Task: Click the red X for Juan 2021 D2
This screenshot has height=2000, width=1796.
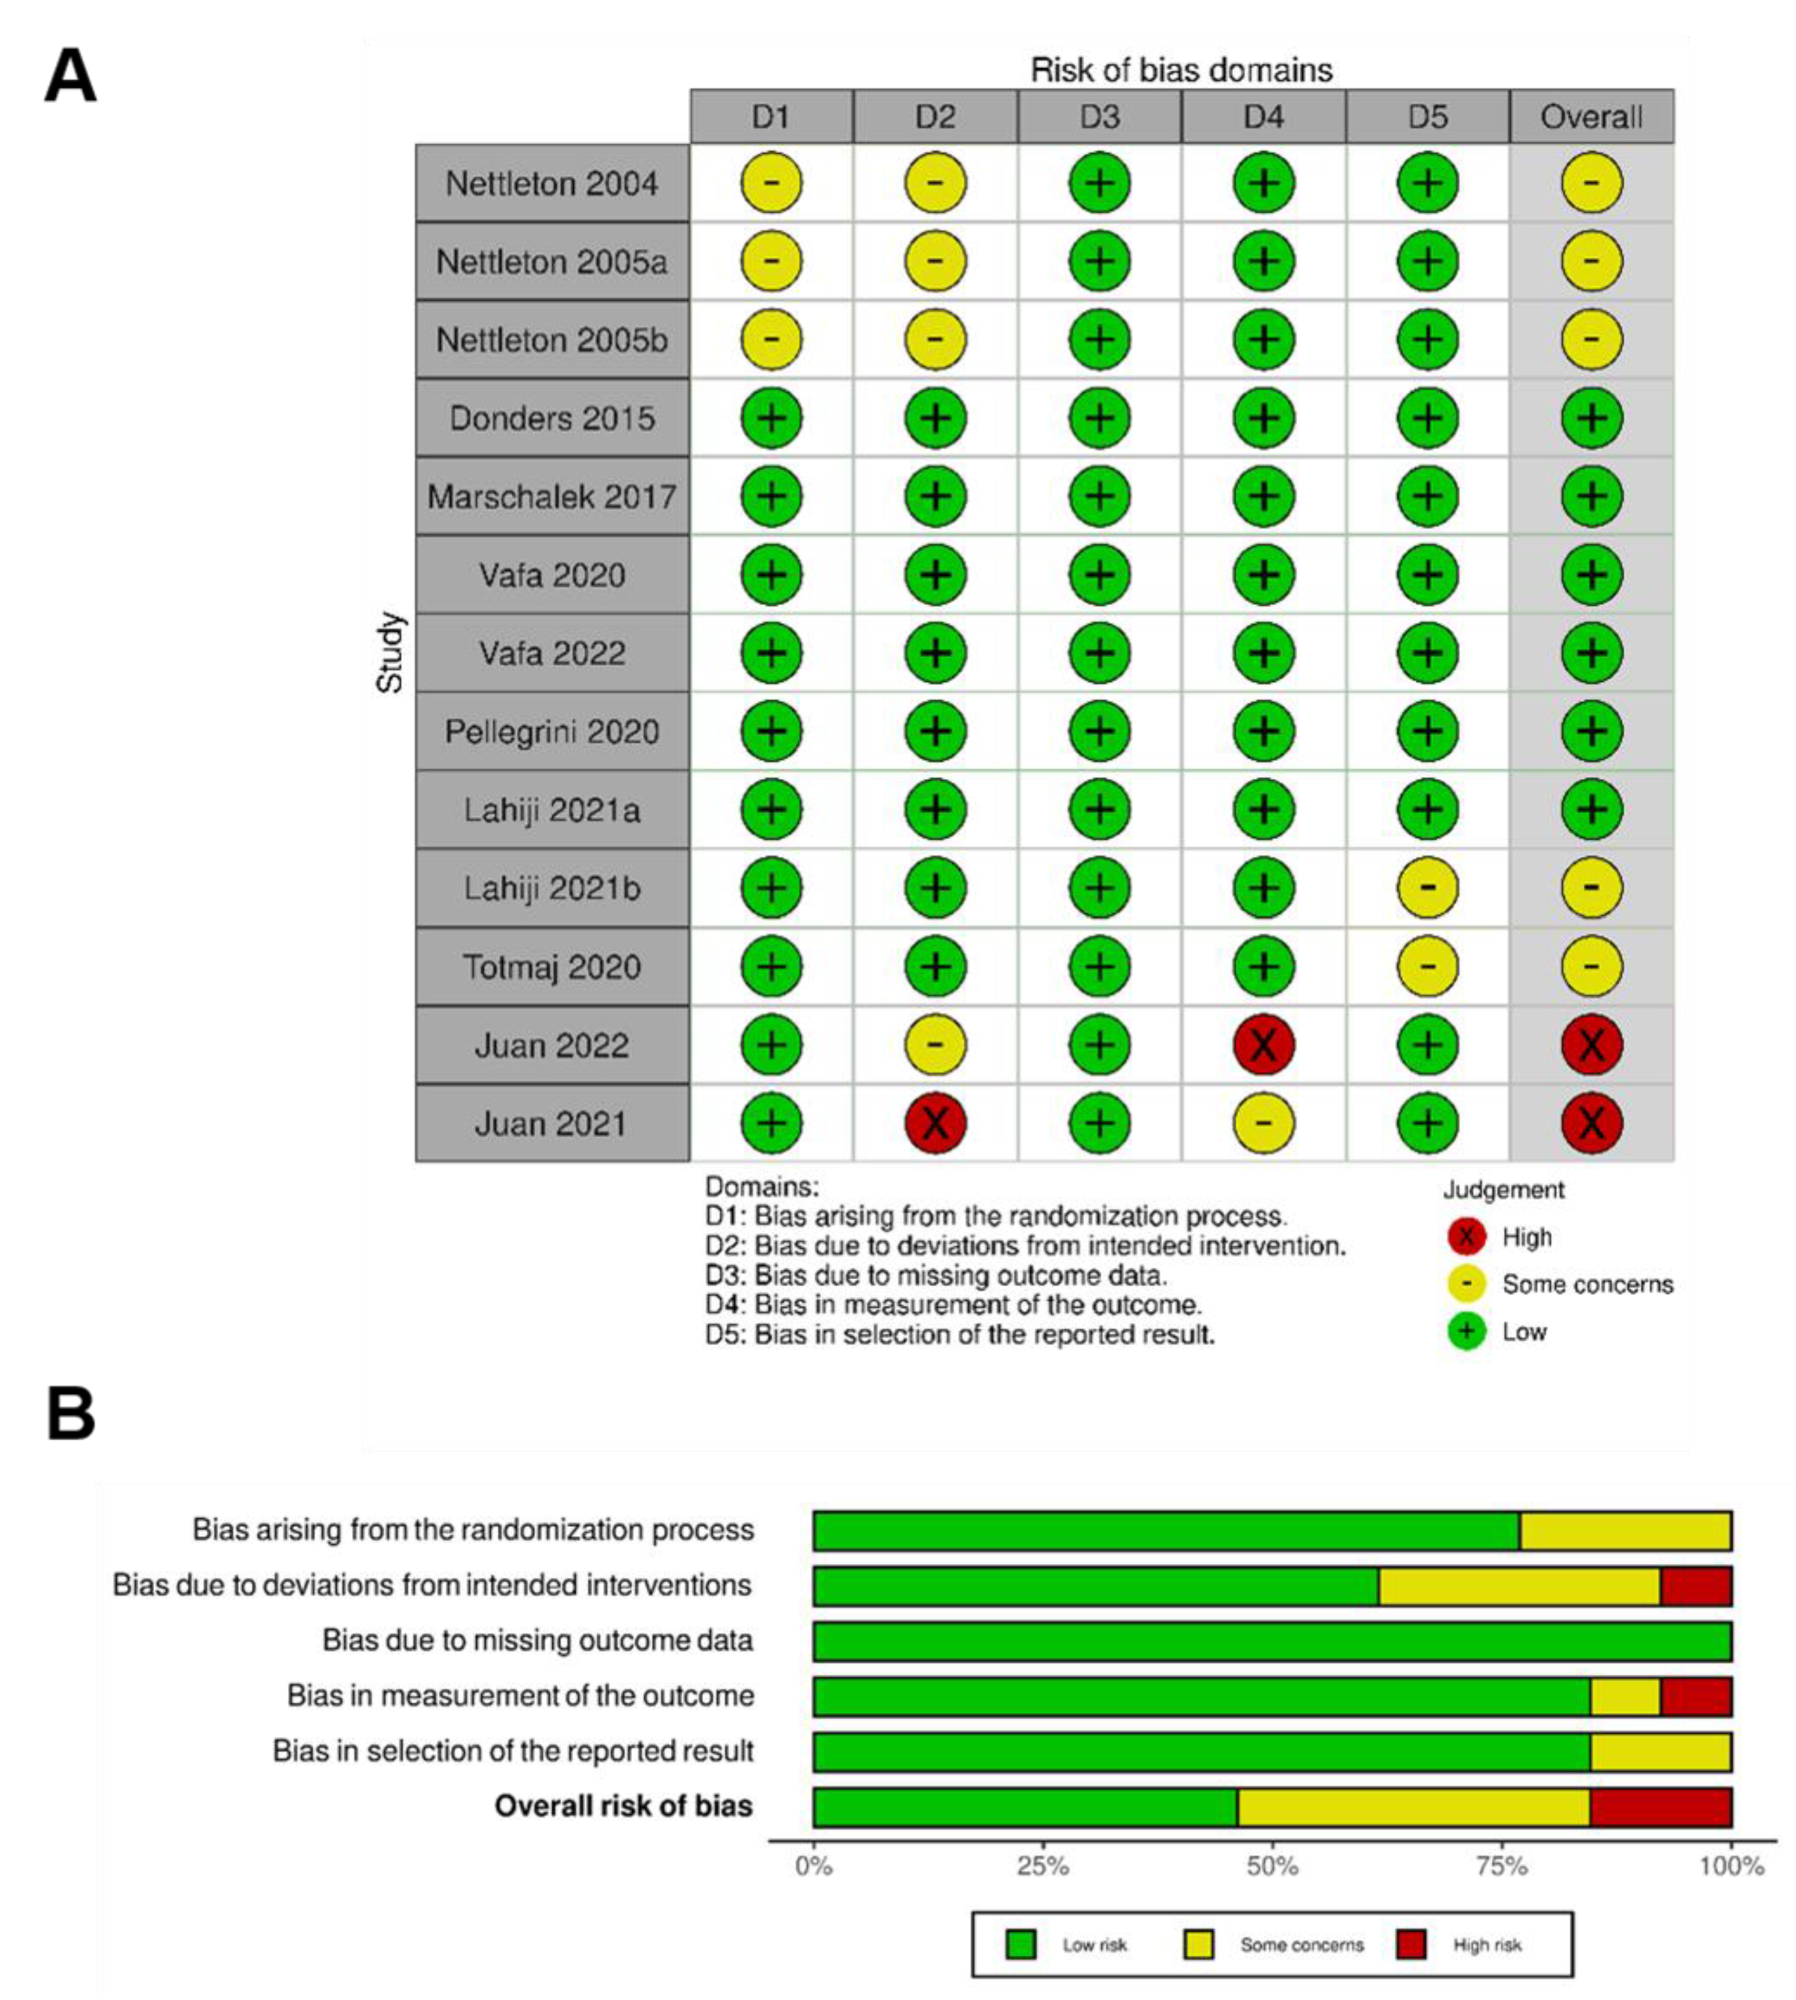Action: coord(934,1123)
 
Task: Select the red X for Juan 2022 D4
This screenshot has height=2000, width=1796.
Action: coord(1263,1045)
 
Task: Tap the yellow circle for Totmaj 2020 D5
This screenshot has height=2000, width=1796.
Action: coord(1427,966)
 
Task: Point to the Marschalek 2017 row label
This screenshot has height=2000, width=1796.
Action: coord(551,496)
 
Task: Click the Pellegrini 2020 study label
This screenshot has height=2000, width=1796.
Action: coord(551,731)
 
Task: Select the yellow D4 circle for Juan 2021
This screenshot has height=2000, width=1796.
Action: coord(1263,1123)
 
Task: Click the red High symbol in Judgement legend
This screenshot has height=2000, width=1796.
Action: coord(1467,1236)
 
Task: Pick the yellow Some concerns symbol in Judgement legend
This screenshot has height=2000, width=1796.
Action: coord(1467,1284)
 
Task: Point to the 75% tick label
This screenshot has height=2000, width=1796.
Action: coord(1502,1867)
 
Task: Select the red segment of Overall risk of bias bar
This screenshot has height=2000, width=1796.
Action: coord(1661,1807)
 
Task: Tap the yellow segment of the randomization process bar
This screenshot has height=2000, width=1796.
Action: coord(1625,1530)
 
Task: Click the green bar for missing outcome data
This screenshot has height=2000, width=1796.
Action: coord(1272,1641)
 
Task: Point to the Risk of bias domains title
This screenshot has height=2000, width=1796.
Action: coord(1181,70)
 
